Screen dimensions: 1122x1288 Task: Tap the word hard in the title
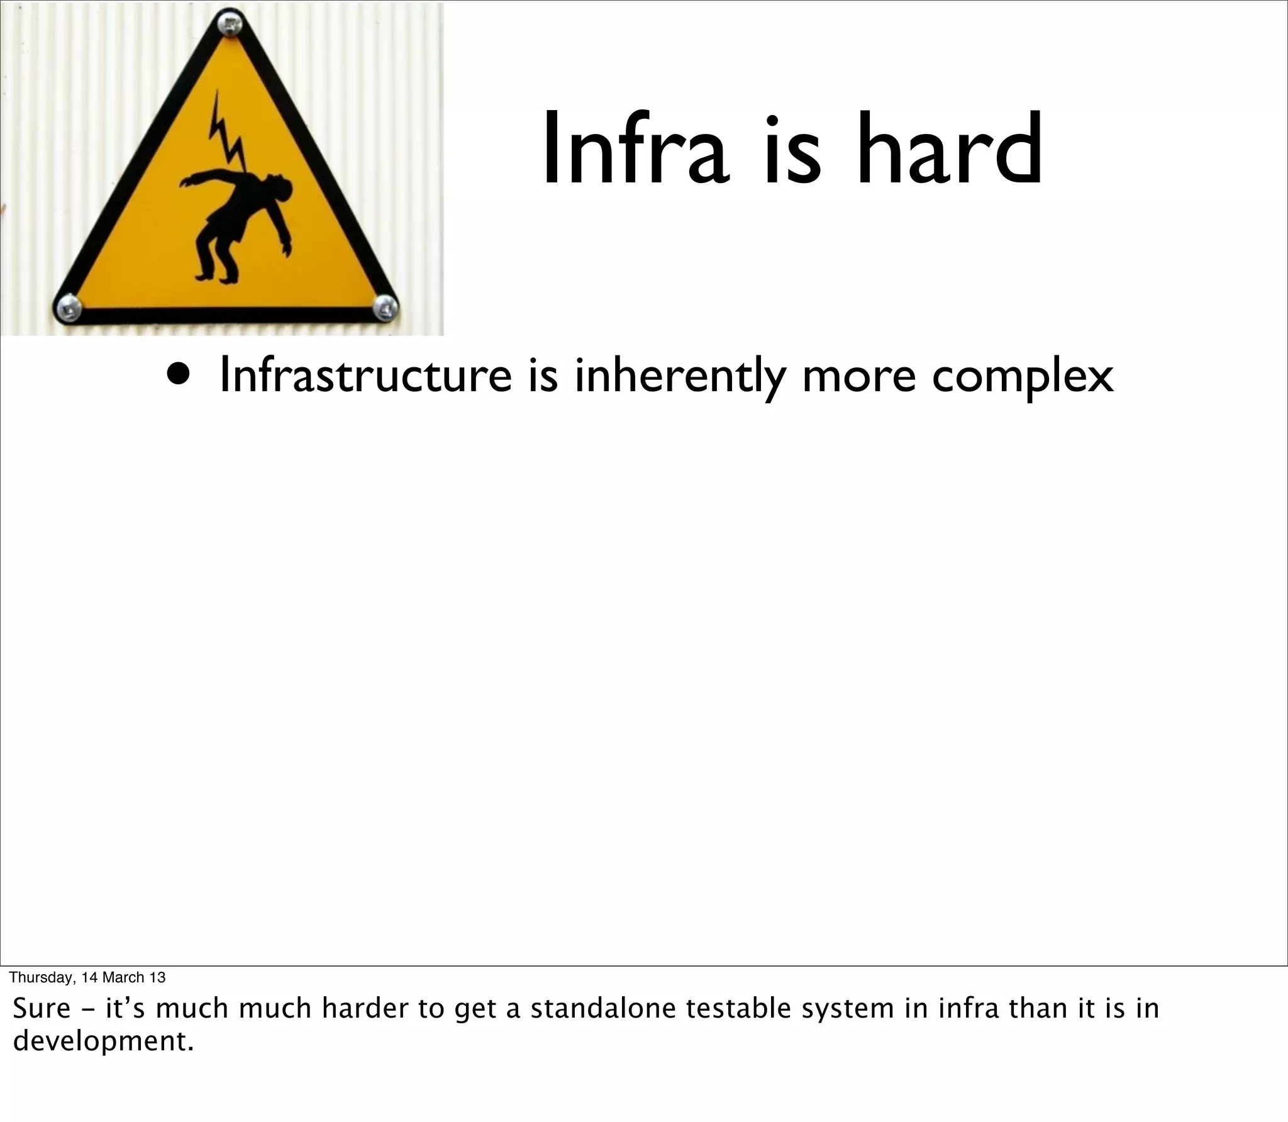pos(950,148)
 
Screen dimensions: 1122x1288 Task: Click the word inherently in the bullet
pos(680,377)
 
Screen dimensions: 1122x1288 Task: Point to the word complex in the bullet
pos(1022,377)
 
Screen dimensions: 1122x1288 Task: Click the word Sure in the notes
pos(42,1008)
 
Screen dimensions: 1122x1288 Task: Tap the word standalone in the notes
pos(603,1008)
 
